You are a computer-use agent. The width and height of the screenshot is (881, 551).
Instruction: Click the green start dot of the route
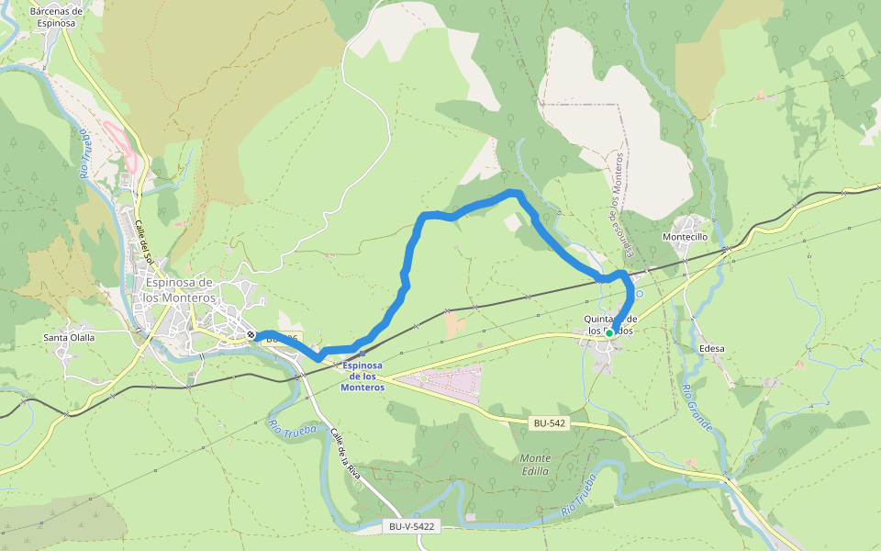pyautogui.click(x=609, y=332)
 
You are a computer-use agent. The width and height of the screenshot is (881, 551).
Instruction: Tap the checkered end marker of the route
pyautogui.click(x=251, y=334)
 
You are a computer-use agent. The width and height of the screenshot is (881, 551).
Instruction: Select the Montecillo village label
pyautogui.click(x=685, y=236)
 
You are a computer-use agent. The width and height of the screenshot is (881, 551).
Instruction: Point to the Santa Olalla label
pyautogui.click(x=70, y=337)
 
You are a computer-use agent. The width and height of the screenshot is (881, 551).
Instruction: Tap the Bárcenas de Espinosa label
pyautogui.click(x=56, y=17)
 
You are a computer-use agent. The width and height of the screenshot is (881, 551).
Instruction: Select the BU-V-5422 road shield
pyautogui.click(x=410, y=526)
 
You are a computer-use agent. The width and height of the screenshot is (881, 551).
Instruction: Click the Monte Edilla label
pyautogui.click(x=535, y=465)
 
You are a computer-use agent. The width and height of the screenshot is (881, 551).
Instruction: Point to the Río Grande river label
pyautogui.click(x=697, y=409)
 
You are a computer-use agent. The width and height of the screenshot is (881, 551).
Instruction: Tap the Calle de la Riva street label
pyautogui.click(x=346, y=458)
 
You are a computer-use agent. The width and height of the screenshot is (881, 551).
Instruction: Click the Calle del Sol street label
pyautogui.click(x=143, y=242)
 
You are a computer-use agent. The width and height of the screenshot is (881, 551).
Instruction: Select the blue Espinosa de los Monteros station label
pyautogui.click(x=362, y=376)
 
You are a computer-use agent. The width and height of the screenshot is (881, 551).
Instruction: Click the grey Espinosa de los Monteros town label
pyautogui.click(x=179, y=290)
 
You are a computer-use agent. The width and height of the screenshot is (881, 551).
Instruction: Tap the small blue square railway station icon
pyautogui.click(x=362, y=353)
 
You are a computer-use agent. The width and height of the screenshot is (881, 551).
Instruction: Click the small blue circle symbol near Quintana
pyautogui.click(x=640, y=294)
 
